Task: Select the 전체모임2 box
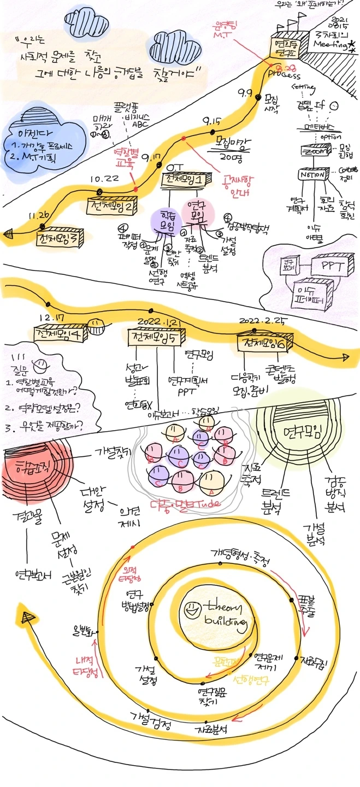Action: pos(113,207)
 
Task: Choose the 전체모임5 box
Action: pos(156,337)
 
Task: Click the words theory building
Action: pos(225,614)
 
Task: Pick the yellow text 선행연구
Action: pos(252,681)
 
